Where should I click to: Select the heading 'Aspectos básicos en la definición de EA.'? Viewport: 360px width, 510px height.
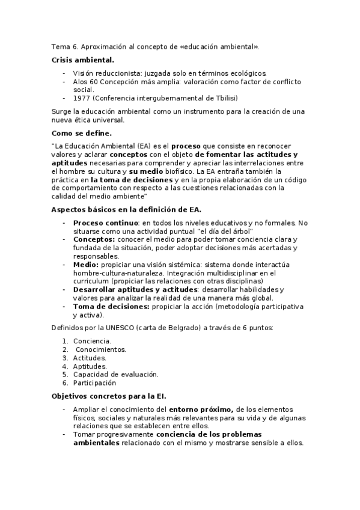tap(126, 209)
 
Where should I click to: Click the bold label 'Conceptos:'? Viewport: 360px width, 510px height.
tap(94, 239)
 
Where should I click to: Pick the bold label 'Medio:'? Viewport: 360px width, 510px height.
tap(86, 264)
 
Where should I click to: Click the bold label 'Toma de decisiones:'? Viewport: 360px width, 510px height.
tap(111, 306)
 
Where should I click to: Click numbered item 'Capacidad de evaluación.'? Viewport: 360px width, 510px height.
tap(115, 374)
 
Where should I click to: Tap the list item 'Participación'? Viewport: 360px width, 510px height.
tap(94, 382)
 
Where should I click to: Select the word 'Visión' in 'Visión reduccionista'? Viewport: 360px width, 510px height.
tap(84, 73)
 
